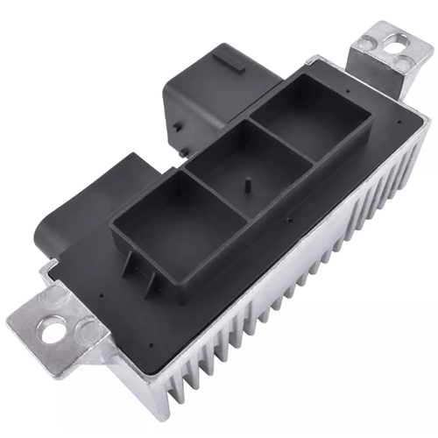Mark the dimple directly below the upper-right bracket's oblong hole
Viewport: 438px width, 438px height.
click(401, 65)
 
